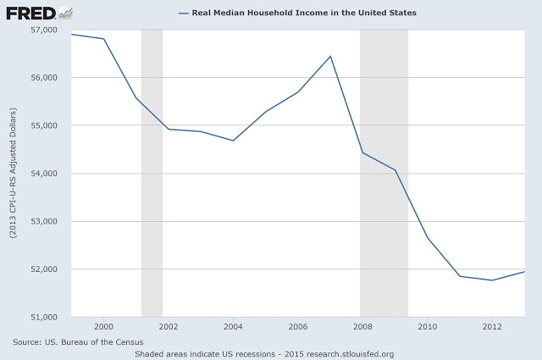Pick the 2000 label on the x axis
[104, 326]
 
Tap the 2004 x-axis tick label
[233, 326]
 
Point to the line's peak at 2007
[330, 56]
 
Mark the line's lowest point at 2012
[491, 280]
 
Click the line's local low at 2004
[233, 141]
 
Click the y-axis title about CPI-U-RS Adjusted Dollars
[13, 173]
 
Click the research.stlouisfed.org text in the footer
[351, 353]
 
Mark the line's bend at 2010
[427, 237]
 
